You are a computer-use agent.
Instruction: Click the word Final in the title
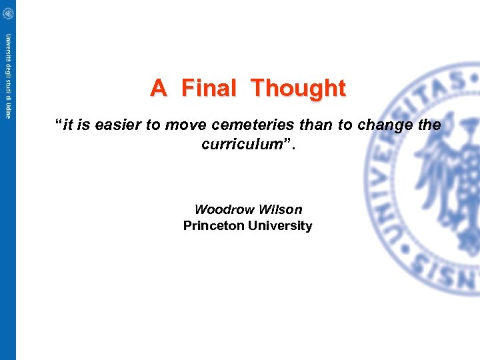[x=208, y=88]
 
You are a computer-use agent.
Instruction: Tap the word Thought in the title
[x=299, y=88]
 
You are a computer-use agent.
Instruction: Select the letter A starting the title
[x=158, y=88]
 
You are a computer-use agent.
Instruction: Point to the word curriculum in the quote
[x=239, y=144]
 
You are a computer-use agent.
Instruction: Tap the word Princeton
[x=213, y=226]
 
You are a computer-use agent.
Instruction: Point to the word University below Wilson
[x=280, y=226]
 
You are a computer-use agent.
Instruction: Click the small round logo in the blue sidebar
[x=8, y=13]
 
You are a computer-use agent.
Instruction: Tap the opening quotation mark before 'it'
[x=59, y=124]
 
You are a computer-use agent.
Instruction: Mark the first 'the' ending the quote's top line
[x=428, y=125]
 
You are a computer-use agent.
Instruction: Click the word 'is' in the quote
[x=84, y=125]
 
